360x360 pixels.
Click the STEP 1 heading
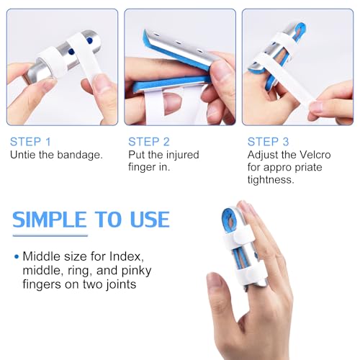point(30,142)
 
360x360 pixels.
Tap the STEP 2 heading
point(149,142)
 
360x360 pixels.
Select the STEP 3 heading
point(268,142)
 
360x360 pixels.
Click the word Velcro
point(315,155)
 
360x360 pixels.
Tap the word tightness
point(270,180)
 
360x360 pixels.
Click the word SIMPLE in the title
point(50,220)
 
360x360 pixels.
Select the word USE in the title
point(150,220)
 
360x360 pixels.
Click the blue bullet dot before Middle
point(17,257)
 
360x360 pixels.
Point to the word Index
point(126,256)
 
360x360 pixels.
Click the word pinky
point(136,271)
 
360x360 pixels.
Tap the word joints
point(121,284)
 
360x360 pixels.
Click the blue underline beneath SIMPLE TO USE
point(50,235)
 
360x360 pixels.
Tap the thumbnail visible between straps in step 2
point(172,104)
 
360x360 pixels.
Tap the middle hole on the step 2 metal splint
point(179,42)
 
